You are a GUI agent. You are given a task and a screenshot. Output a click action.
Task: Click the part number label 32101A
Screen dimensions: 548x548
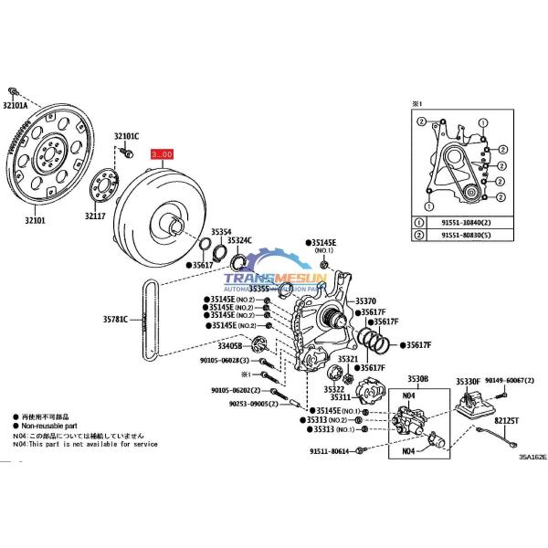(x=16, y=106)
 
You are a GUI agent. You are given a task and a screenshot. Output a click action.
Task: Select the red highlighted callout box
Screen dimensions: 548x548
(x=161, y=155)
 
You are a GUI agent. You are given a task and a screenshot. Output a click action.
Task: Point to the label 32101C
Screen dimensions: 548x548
(x=127, y=137)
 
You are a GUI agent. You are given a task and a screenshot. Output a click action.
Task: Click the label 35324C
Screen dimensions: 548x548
(x=239, y=240)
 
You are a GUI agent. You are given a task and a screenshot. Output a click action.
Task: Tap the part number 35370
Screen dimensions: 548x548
(x=365, y=300)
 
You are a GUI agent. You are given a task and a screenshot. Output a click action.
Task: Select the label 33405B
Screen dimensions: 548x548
(x=229, y=346)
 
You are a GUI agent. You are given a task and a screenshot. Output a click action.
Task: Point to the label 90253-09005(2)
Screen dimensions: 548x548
(x=252, y=403)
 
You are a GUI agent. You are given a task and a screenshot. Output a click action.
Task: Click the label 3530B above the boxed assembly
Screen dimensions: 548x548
(x=417, y=378)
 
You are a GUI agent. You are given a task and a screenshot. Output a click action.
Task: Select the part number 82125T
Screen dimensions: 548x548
(x=507, y=421)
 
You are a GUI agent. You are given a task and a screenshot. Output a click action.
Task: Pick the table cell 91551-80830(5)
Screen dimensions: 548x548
(x=460, y=237)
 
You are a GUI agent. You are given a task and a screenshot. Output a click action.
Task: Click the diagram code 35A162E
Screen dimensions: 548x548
(x=532, y=457)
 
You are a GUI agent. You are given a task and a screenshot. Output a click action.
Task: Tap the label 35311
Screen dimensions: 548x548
(x=341, y=397)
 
